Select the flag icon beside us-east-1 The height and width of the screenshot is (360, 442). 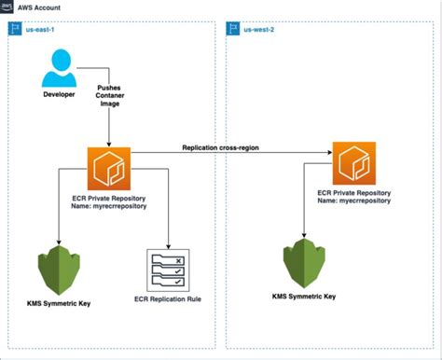coord(15,29)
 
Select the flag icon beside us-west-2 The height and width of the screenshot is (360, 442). coord(233,29)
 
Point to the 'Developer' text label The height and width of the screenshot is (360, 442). coord(59,94)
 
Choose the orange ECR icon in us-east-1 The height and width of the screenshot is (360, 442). coord(109,168)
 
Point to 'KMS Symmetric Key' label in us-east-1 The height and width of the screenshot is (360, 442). coord(59,304)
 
